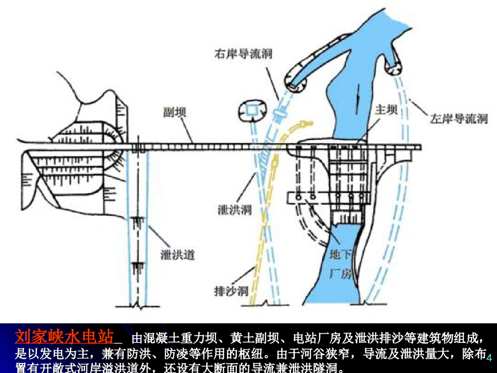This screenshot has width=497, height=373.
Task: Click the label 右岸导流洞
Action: [x=243, y=53]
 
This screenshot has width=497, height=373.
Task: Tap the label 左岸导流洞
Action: [x=458, y=119]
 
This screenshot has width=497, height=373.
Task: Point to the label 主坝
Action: [x=386, y=110]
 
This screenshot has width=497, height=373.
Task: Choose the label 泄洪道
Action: [x=178, y=254]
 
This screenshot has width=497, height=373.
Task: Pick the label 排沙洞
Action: [x=231, y=291]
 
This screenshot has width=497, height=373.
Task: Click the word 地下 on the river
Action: [x=341, y=254]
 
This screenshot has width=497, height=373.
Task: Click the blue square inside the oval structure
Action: [x=251, y=110]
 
